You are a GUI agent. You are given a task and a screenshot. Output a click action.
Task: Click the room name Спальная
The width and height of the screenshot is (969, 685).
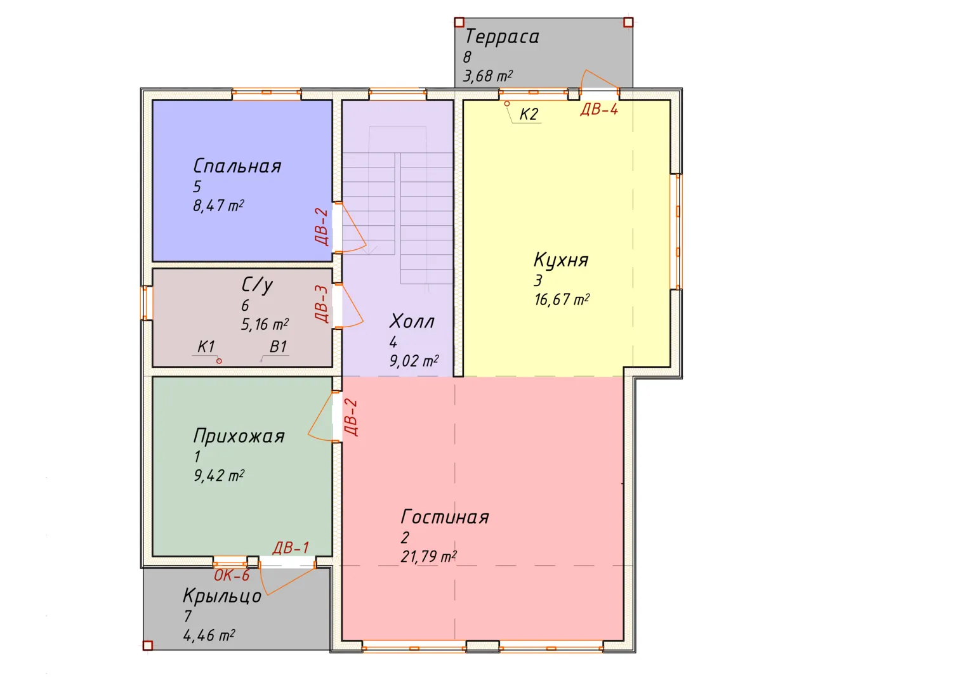(x=237, y=166)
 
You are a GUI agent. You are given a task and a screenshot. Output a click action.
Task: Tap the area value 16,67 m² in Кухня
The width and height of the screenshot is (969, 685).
(x=562, y=299)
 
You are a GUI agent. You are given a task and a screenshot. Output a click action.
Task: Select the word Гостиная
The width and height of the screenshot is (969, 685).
(x=445, y=517)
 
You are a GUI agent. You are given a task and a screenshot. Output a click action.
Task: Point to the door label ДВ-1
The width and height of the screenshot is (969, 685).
(x=291, y=548)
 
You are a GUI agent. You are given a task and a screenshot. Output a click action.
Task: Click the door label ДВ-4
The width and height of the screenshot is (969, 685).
(x=599, y=109)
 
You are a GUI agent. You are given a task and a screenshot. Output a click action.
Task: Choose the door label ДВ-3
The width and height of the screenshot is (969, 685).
(x=322, y=304)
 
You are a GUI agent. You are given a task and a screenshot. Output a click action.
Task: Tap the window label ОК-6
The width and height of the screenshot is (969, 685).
(x=232, y=575)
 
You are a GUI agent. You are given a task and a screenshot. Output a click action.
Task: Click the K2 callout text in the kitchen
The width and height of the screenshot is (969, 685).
(x=529, y=114)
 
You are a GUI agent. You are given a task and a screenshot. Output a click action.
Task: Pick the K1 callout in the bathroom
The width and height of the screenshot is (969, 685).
(x=206, y=346)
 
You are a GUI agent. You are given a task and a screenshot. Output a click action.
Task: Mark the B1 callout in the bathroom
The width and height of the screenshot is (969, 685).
(x=278, y=346)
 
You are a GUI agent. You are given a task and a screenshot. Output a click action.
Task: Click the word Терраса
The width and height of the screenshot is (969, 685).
(x=502, y=36)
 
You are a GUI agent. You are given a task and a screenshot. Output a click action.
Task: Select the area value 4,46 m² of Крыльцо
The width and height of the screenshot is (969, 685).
(x=209, y=636)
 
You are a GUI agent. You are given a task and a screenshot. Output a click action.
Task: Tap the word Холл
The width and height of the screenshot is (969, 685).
(x=412, y=322)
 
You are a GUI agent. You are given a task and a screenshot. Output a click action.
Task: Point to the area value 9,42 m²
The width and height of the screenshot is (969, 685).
(x=219, y=476)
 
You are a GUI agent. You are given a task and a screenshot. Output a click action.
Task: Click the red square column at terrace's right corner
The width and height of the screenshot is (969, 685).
(x=629, y=22)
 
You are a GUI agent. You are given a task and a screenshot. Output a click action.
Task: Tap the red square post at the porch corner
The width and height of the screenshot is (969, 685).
(x=147, y=646)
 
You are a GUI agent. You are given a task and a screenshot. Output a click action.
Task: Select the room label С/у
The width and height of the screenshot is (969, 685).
(x=257, y=285)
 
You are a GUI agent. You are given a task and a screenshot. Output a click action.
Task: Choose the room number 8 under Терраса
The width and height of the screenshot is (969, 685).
(x=467, y=57)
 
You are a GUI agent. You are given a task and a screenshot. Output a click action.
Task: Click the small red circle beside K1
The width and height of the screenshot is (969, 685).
(x=220, y=361)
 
